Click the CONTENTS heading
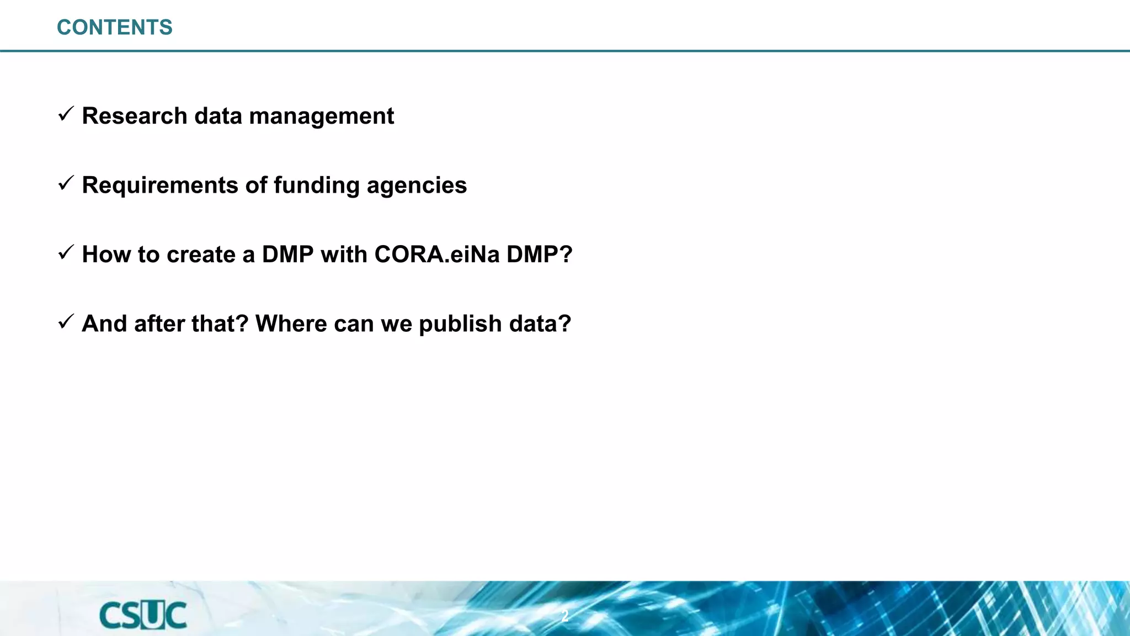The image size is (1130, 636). point(115,28)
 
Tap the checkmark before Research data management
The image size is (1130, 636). point(66,114)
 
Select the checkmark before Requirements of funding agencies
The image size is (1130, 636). point(66,183)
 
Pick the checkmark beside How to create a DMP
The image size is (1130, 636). point(66,253)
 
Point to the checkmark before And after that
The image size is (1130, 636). point(66,322)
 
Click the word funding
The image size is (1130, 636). point(317,185)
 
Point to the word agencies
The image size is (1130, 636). point(417,185)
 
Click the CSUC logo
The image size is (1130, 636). point(143,616)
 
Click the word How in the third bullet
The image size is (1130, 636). point(106,255)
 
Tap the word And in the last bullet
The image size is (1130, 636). point(104,324)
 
